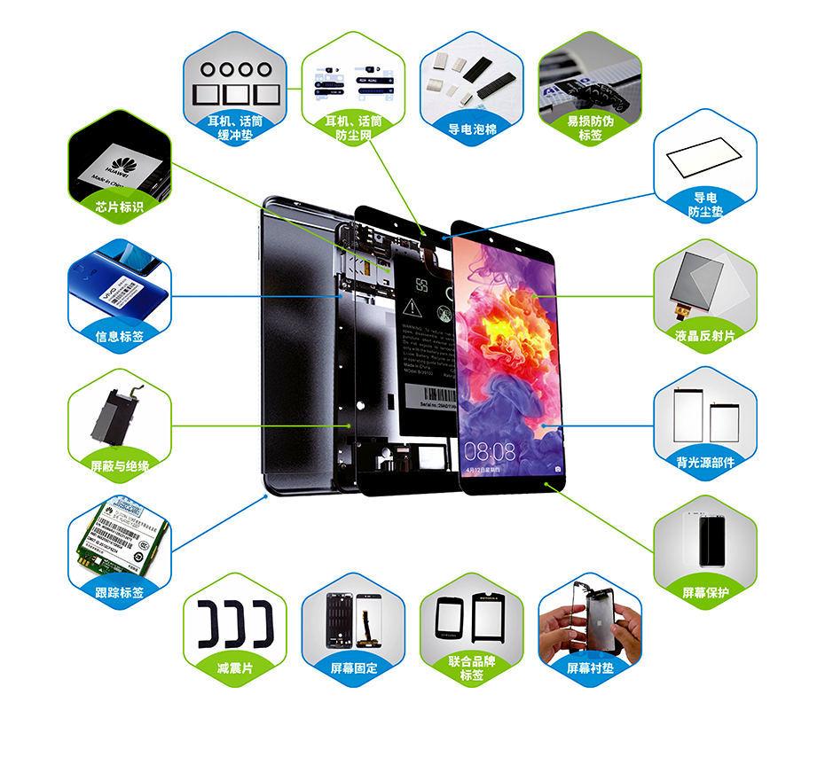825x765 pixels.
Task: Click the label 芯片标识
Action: pyautogui.click(x=119, y=207)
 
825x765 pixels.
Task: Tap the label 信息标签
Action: pyautogui.click(x=119, y=336)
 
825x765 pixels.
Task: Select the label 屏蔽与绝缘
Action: pyautogui.click(x=119, y=465)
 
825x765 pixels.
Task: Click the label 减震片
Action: pyautogui.click(x=234, y=667)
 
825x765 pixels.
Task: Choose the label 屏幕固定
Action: pyautogui.click(x=353, y=667)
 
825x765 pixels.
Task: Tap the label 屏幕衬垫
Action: pyautogui.click(x=589, y=667)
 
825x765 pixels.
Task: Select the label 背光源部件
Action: pyautogui.click(x=705, y=462)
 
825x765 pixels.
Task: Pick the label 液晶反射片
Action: pyautogui.click(x=705, y=335)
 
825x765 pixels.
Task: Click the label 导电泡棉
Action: pyautogui.click(x=471, y=129)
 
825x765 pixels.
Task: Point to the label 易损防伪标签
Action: pyautogui.click(x=590, y=128)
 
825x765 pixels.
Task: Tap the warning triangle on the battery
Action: pyautogui.click(x=412, y=308)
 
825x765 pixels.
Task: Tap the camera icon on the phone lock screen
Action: pyautogui.click(x=558, y=467)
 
